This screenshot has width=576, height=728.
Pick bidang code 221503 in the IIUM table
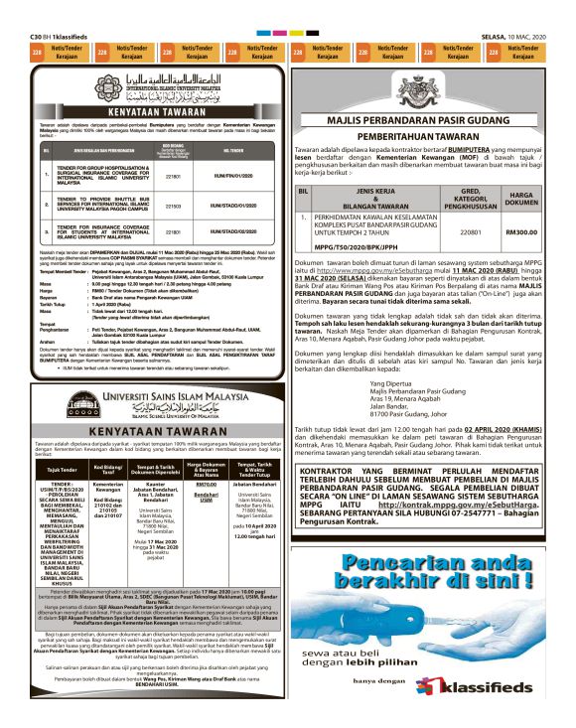point(173,205)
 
